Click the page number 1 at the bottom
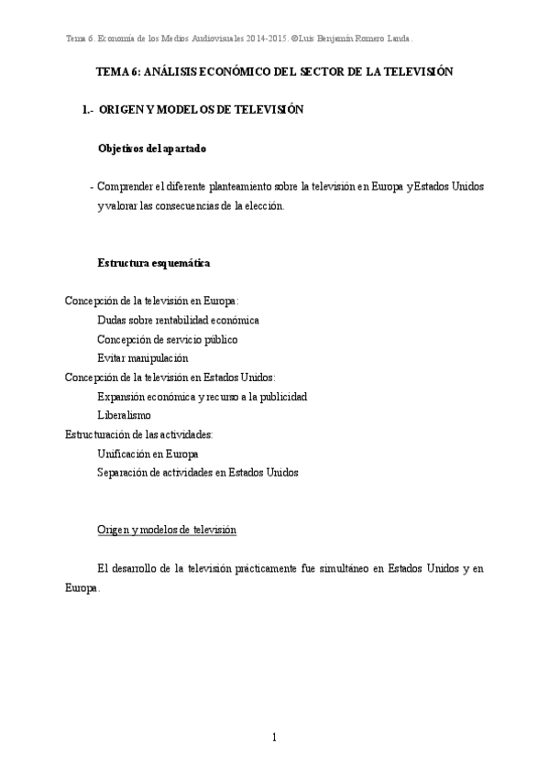(x=274, y=738)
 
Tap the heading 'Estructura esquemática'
(x=154, y=263)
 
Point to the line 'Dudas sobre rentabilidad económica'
(x=178, y=320)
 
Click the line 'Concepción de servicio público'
(x=167, y=339)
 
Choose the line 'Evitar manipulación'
(x=142, y=357)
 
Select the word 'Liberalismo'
(x=124, y=415)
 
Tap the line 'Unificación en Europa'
(x=148, y=454)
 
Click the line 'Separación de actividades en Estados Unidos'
(x=197, y=473)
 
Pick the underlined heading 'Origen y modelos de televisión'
(x=167, y=530)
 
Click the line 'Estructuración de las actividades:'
(x=139, y=434)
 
